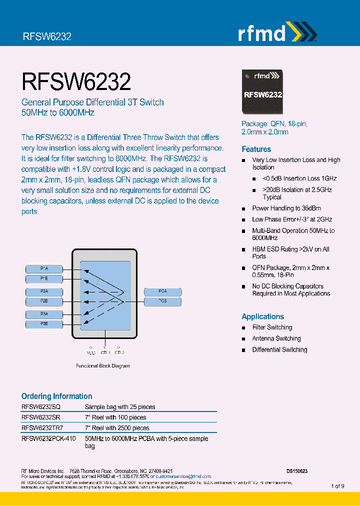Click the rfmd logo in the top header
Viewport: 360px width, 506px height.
(276, 33)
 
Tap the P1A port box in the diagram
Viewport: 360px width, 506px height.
(44, 268)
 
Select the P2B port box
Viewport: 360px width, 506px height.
(44, 301)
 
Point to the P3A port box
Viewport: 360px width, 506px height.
(44, 314)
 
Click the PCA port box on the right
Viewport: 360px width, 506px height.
(163, 291)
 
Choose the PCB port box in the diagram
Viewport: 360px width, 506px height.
(163, 301)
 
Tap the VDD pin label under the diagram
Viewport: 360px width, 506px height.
(91, 352)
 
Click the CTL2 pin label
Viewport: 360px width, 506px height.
(118, 352)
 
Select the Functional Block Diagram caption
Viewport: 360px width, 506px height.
(102, 366)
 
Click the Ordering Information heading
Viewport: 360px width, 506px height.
(56, 396)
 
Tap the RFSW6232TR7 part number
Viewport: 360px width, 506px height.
(42, 428)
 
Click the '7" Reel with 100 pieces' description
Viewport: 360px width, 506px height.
(115, 417)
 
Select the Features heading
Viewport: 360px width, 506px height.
(256, 149)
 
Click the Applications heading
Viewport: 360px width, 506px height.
(262, 316)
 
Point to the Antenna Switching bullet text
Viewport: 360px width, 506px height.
(276, 338)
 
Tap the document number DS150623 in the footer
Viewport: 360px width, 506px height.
(297, 471)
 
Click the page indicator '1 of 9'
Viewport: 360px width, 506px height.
(337, 486)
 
